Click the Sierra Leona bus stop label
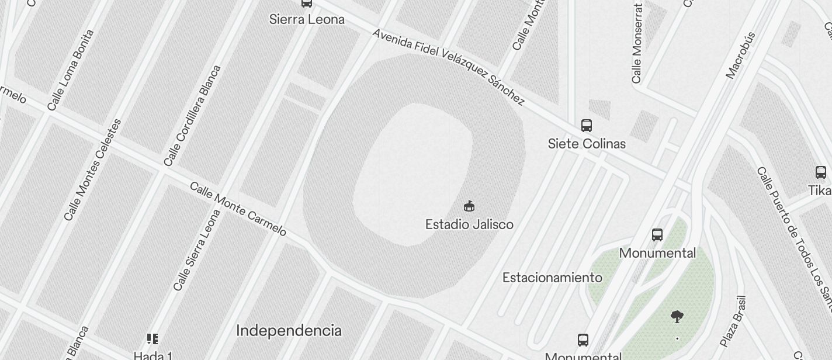(x=307, y=19)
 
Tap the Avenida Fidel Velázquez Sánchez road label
(x=448, y=67)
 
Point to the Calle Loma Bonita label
(x=71, y=70)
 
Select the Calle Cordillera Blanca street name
(x=192, y=115)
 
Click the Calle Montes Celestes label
(x=92, y=170)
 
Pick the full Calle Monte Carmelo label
(x=238, y=209)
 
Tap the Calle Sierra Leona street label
(x=197, y=250)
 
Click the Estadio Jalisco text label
(x=469, y=224)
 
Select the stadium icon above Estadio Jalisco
(x=469, y=206)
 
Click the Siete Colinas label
(x=587, y=144)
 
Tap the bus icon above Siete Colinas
(x=587, y=126)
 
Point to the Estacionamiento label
(x=552, y=278)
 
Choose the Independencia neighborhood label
(x=289, y=331)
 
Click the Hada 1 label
(x=152, y=355)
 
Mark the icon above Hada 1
(x=152, y=338)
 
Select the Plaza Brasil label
(x=733, y=321)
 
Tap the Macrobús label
(x=741, y=55)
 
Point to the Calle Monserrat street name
(x=637, y=44)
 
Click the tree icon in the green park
(x=677, y=317)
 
